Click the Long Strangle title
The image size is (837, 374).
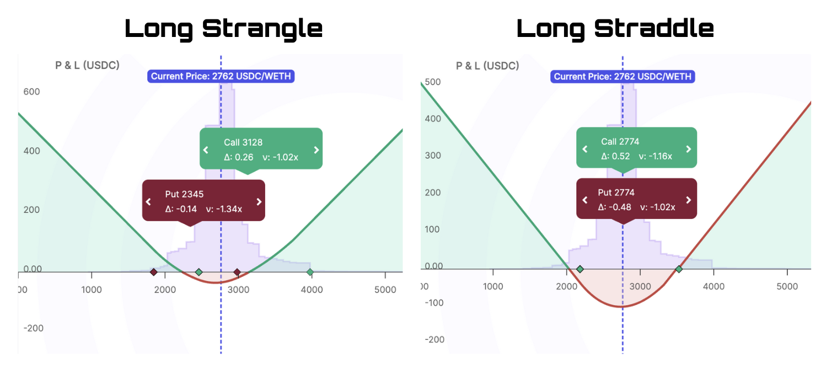click(x=223, y=29)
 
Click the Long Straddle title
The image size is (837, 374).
click(x=615, y=29)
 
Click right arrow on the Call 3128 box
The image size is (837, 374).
click(x=316, y=150)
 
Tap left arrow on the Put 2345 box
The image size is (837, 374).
click(x=148, y=202)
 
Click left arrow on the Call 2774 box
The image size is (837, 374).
click(x=585, y=149)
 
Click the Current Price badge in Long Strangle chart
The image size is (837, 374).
click(x=221, y=76)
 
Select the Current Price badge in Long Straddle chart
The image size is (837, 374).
click(x=623, y=77)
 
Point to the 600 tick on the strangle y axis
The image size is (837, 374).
click(x=32, y=92)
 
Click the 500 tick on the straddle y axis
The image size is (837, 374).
click(x=433, y=82)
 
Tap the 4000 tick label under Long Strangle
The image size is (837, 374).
click(x=312, y=290)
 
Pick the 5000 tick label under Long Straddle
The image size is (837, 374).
click(x=787, y=287)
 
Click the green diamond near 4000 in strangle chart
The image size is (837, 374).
click(x=310, y=273)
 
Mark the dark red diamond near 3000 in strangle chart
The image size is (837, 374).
click(x=237, y=273)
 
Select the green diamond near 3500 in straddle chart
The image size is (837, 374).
click(x=679, y=269)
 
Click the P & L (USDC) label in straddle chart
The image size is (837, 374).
click(x=487, y=66)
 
